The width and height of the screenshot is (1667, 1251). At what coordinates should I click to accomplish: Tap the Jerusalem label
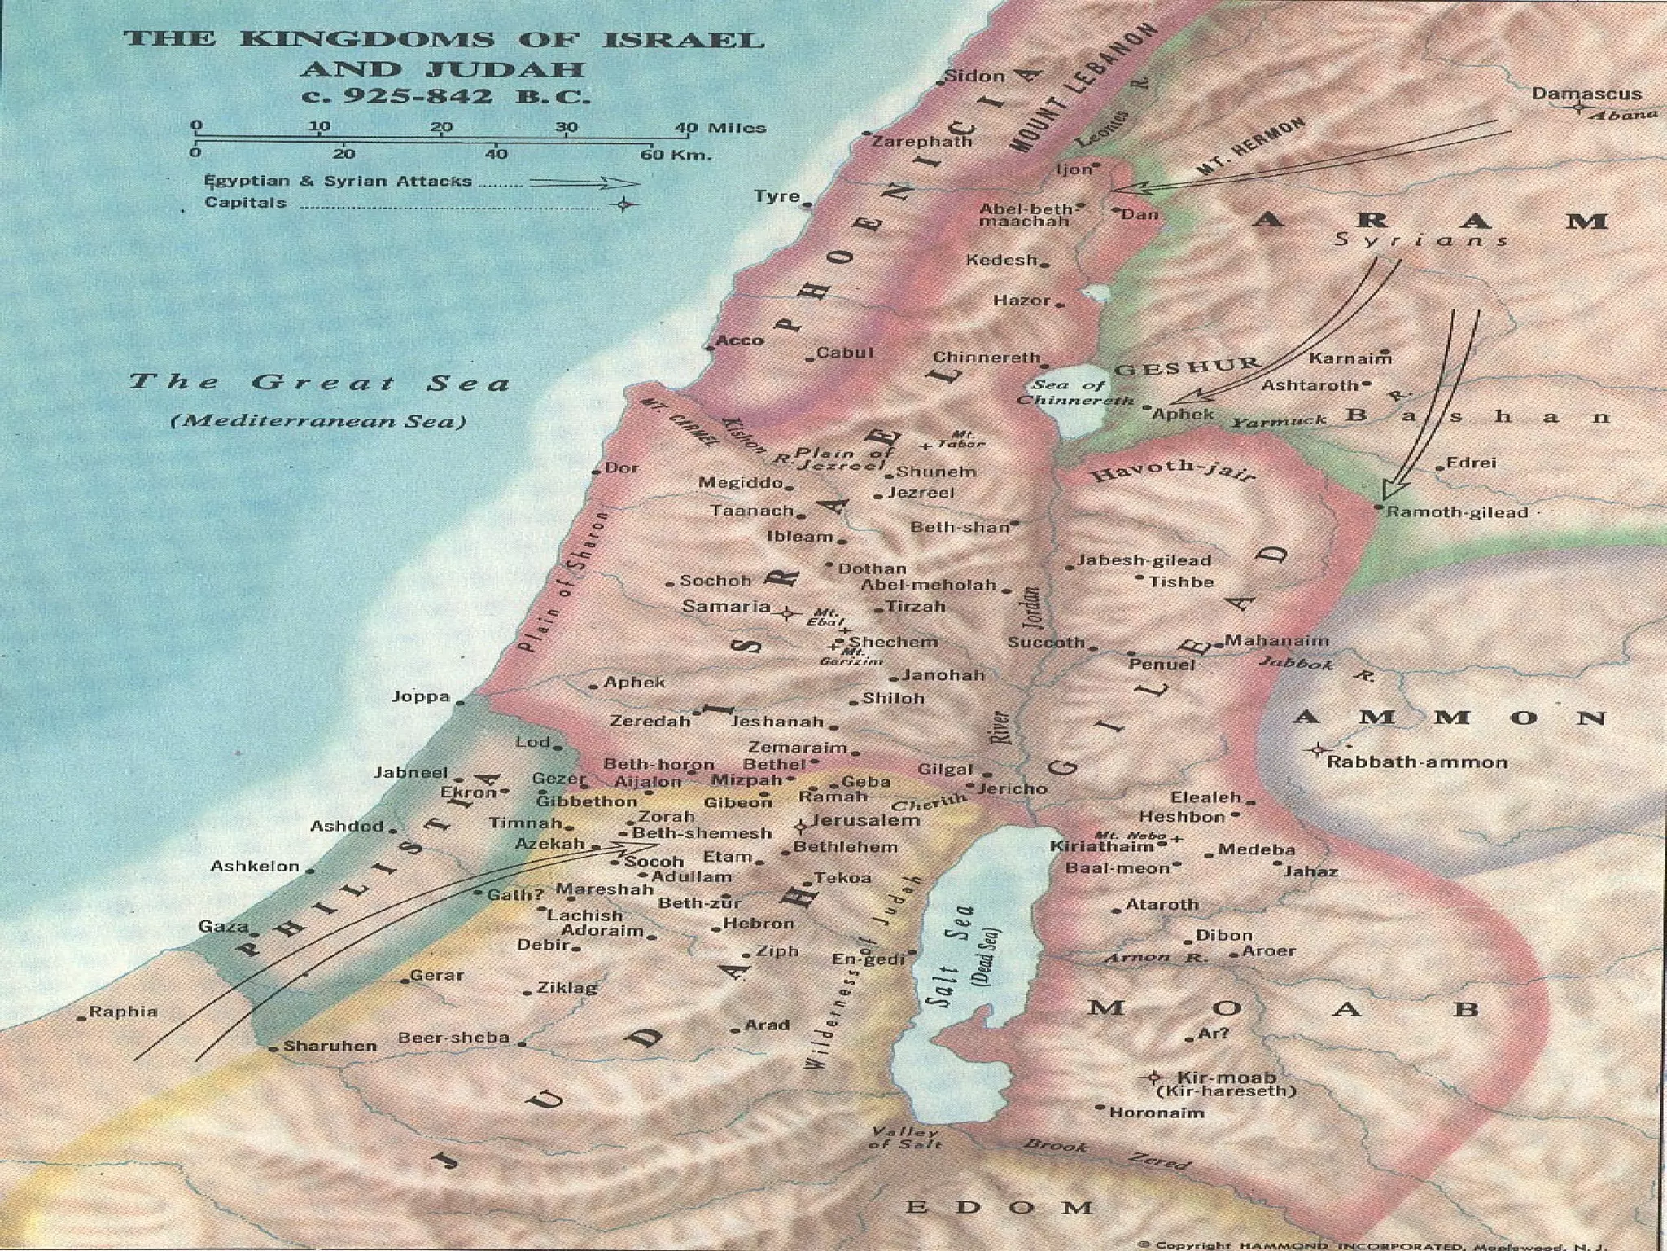866,820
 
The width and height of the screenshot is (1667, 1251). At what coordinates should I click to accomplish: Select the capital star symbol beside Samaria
786,613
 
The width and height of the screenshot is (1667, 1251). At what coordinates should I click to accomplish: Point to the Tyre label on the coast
777,196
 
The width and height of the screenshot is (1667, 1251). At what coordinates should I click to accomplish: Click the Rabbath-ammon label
1417,762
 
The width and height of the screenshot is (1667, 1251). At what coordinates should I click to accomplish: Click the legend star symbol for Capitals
623,204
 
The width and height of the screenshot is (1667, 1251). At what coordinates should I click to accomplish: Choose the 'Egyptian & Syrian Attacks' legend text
338,181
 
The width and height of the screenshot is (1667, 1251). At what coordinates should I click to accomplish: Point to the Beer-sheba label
453,1038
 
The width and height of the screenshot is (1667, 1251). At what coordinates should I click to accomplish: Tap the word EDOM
999,1207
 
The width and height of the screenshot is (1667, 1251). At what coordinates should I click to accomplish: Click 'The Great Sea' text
319,382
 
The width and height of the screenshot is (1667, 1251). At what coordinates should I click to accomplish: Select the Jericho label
1012,788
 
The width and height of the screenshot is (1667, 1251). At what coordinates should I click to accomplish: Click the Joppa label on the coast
421,696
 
